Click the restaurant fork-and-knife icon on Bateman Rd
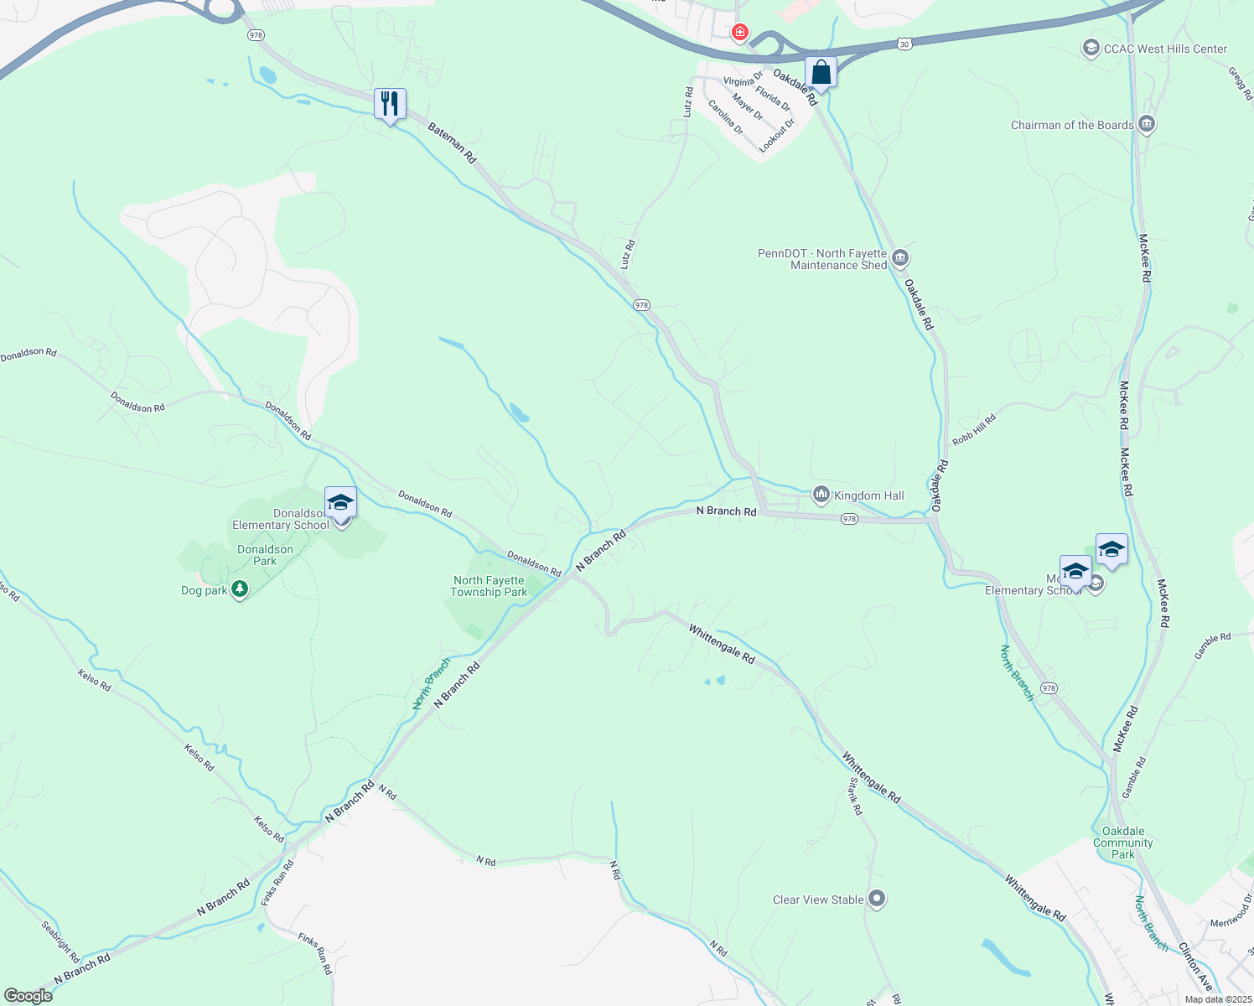[x=390, y=104]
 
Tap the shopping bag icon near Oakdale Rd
[x=821, y=72]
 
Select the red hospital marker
[x=739, y=33]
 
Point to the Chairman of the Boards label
[x=1072, y=125]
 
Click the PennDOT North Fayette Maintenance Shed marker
[x=901, y=257]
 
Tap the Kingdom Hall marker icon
[x=821, y=495]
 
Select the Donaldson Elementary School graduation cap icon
[x=340, y=502]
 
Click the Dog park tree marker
[x=240, y=590]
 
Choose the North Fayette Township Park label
[x=489, y=586]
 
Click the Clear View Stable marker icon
[x=877, y=899]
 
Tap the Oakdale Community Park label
[x=1123, y=843]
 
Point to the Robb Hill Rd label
[x=974, y=429]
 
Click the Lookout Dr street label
[x=776, y=135]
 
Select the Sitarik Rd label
[x=855, y=796]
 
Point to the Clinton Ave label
[x=1196, y=967]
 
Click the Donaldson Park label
[x=265, y=555]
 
